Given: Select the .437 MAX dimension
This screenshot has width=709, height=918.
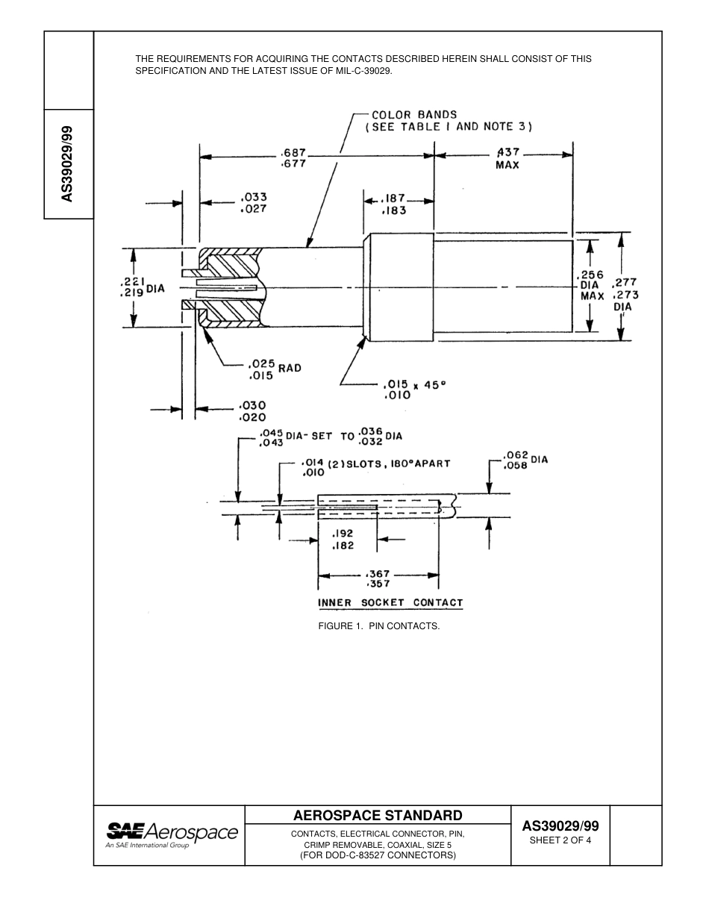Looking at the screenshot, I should click(507, 158).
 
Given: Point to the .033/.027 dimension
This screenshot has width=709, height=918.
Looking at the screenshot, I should click(254, 203).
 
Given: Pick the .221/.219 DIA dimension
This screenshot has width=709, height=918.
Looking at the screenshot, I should click(141, 287).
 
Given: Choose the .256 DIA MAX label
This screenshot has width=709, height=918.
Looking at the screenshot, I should click(592, 285).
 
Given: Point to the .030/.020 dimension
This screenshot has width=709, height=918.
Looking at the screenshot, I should click(252, 411).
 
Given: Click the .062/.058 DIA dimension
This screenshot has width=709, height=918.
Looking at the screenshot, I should click(525, 460).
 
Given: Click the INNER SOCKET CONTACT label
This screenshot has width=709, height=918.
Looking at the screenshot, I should click(390, 602).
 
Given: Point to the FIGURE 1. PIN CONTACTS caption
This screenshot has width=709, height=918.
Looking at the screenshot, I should click(378, 625).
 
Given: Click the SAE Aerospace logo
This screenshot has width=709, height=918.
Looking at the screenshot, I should click(171, 834).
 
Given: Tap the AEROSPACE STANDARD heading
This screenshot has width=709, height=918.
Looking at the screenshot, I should click(378, 815).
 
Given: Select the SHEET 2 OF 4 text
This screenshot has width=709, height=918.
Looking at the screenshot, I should click(560, 840).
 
